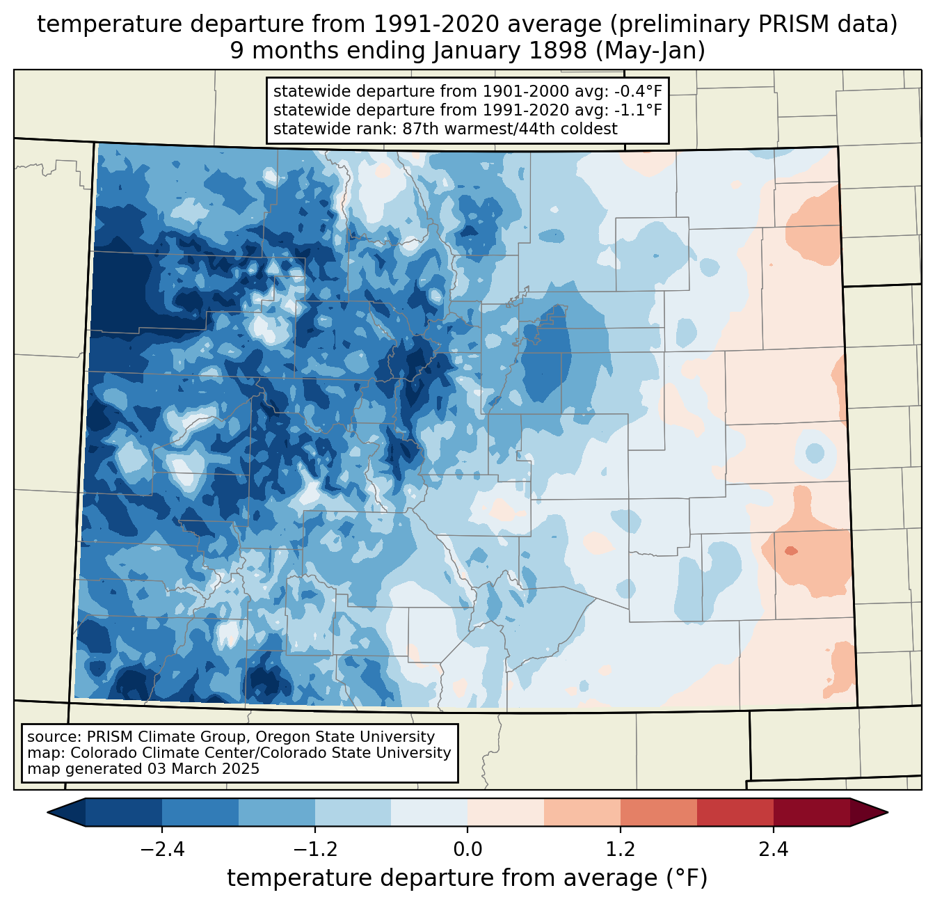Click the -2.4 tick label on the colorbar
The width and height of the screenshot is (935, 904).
point(162,850)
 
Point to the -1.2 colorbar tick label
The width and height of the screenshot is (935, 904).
point(315,850)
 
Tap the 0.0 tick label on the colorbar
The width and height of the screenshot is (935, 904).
point(467,850)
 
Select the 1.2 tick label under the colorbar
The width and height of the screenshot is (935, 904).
point(621,850)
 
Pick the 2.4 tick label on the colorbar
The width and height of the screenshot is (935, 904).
point(773,850)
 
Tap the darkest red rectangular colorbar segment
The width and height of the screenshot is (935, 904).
point(811,812)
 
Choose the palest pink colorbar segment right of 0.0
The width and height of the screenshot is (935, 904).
point(506,812)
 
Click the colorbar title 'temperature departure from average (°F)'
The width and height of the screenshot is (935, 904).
point(467,878)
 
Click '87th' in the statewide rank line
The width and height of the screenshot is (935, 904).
point(422,129)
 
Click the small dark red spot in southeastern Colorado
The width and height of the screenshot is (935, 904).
point(791,551)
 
